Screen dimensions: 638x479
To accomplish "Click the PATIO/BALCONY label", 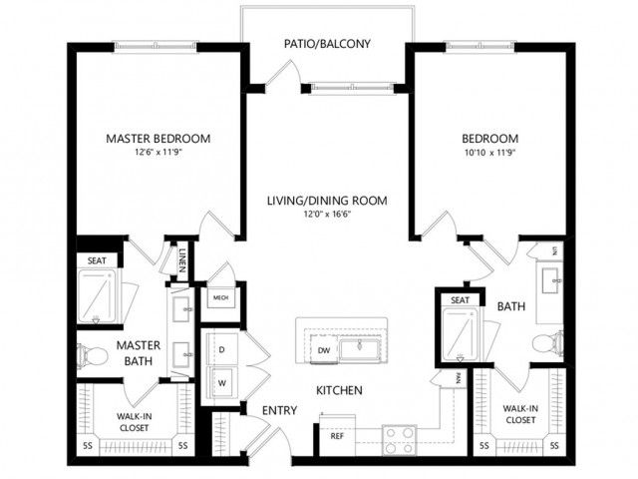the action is pyautogui.click(x=327, y=44).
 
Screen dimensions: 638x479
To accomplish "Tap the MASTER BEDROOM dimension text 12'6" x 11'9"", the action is pyautogui.click(x=159, y=153).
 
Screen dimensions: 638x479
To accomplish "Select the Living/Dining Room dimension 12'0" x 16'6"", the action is pyautogui.click(x=327, y=215).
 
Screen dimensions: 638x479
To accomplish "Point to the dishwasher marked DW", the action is pyautogui.click(x=324, y=349).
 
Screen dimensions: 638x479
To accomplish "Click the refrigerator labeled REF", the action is pyautogui.click(x=337, y=436).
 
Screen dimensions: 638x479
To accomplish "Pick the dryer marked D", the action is pyautogui.click(x=221, y=349).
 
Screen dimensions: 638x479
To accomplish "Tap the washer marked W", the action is pyautogui.click(x=221, y=383).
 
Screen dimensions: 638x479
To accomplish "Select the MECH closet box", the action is pyautogui.click(x=221, y=297).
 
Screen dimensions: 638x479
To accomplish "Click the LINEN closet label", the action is pyautogui.click(x=182, y=260).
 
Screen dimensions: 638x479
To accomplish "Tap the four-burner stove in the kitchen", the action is pyautogui.click(x=399, y=440).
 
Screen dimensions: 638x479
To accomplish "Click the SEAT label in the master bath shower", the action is pyautogui.click(x=97, y=260).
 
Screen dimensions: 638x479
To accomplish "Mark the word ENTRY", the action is pyautogui.click(x=279, y=410).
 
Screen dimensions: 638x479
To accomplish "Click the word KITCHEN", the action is pyautogui.click(x=339, y=390).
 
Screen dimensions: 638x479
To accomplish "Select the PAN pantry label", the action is pyautogui.click(x=459, y=379).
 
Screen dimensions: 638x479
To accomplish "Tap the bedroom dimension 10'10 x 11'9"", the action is pyautogui.click(x=489, y=153).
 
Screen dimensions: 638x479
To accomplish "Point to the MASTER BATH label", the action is pyautogui.click(x=139, y=353).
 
